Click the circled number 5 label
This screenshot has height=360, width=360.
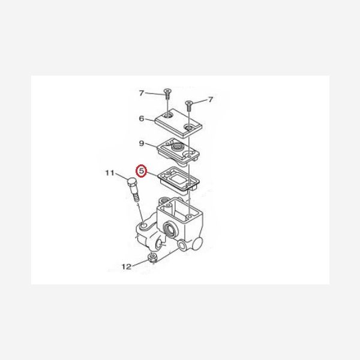pos(141,171)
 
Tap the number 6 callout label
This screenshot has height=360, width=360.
pos(142,118)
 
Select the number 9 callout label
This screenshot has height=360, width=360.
pos(142,143)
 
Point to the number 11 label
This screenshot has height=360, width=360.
pos(110,173)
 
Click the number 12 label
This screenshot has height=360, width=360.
pos(126,266)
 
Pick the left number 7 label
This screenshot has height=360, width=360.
pos(142,93)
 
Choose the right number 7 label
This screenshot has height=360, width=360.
pos(211,100)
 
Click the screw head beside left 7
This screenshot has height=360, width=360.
pos(167,91)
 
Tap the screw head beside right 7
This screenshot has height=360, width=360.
pos(189,103)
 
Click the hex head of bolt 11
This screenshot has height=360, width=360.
pos(131,184)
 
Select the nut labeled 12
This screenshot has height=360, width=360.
pos(152,258)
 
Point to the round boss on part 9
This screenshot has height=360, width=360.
pos(177,146)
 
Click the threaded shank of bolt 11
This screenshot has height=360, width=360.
pos(136,195)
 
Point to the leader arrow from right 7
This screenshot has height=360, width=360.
pos(200,102)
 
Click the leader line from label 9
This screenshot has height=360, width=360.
pos(151,146)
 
